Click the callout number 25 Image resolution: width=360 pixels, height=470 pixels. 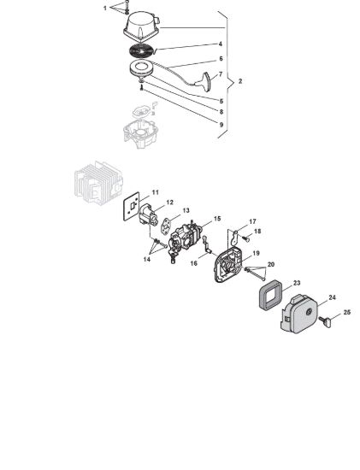[x=346, y=312]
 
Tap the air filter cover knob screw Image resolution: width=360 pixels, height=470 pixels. [x=325, y=321]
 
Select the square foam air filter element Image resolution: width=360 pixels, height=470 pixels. [x=270, y=295]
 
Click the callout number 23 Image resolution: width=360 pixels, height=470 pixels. [x=297, y=283]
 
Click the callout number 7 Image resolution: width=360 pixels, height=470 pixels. [x=221, y=74]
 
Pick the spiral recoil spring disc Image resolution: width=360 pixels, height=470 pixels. [x=141, y=50]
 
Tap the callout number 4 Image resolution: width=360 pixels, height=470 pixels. [x=221, y=44]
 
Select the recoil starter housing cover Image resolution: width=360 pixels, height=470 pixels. [x=141, y=26]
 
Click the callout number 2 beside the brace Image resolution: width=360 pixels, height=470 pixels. [x=240, y=81]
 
